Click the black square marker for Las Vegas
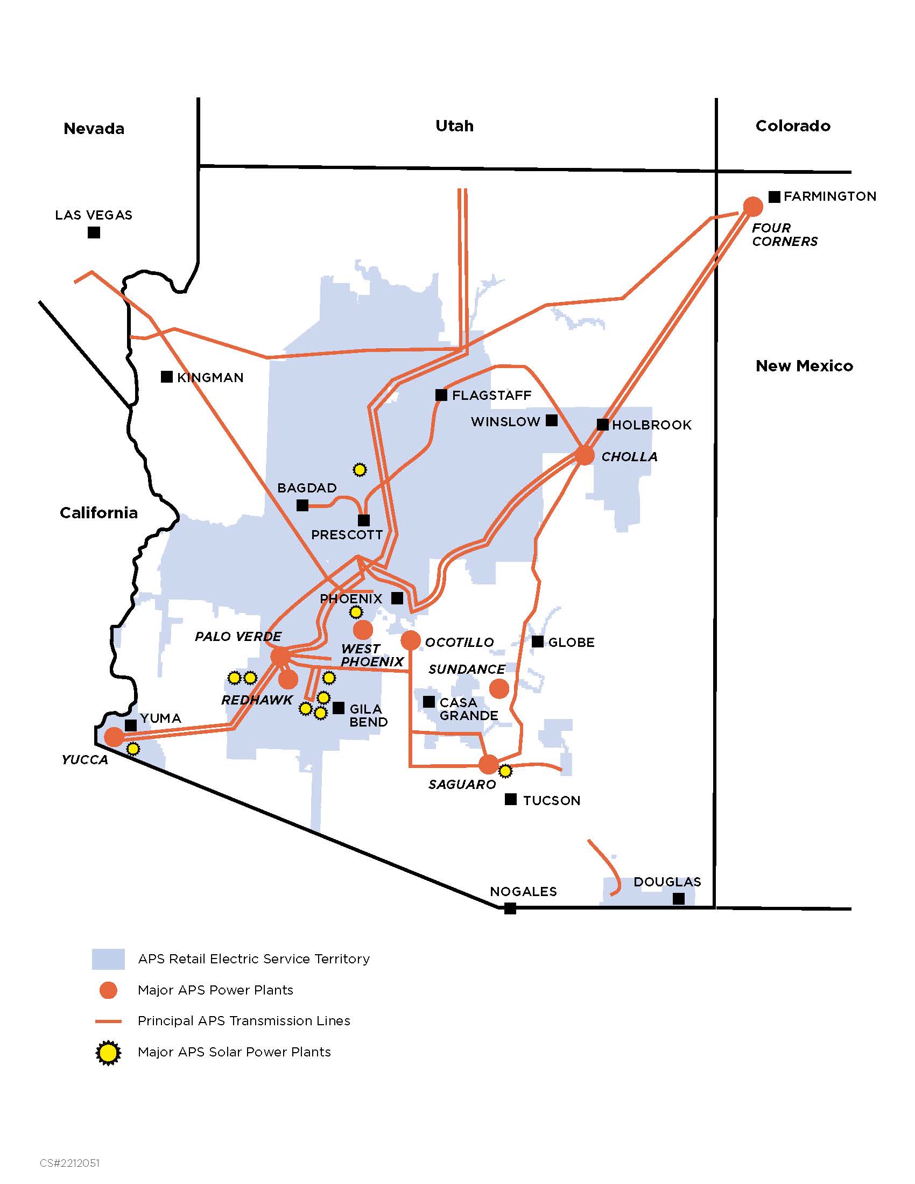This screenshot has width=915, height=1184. (x=94, y=232)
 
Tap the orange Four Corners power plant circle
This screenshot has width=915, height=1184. (x=752, y=206)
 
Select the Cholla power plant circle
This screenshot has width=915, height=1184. (x=585, y=455)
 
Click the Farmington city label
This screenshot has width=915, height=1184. (x=829, y=196)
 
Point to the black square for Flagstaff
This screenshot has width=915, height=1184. (x=441, y=395)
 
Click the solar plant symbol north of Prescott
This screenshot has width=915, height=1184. (x=360, y=469)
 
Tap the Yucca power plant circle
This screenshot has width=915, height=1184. (x=114, y=736)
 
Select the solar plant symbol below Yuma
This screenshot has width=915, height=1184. (x=133, y=749)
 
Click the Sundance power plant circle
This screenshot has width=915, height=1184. (x=499, y=688)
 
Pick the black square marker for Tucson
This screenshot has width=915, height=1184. (x=511, y=799)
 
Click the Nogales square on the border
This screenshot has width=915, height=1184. (x=510, y=908)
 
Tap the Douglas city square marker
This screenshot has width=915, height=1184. (x=679, y=899)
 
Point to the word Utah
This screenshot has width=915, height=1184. (x=454, y=126)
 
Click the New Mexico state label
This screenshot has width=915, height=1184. (x=804, y=366)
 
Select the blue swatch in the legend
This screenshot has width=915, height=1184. (x=108, y=959)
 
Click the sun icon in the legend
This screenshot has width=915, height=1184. (x=108, y=1052)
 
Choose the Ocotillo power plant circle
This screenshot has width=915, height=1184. (x=410, y=640)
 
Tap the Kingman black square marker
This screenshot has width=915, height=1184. (x=167, y=377)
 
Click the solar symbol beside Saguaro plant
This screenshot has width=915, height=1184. (x=505, y=770)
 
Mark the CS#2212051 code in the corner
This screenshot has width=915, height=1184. (x=69, y=1164)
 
